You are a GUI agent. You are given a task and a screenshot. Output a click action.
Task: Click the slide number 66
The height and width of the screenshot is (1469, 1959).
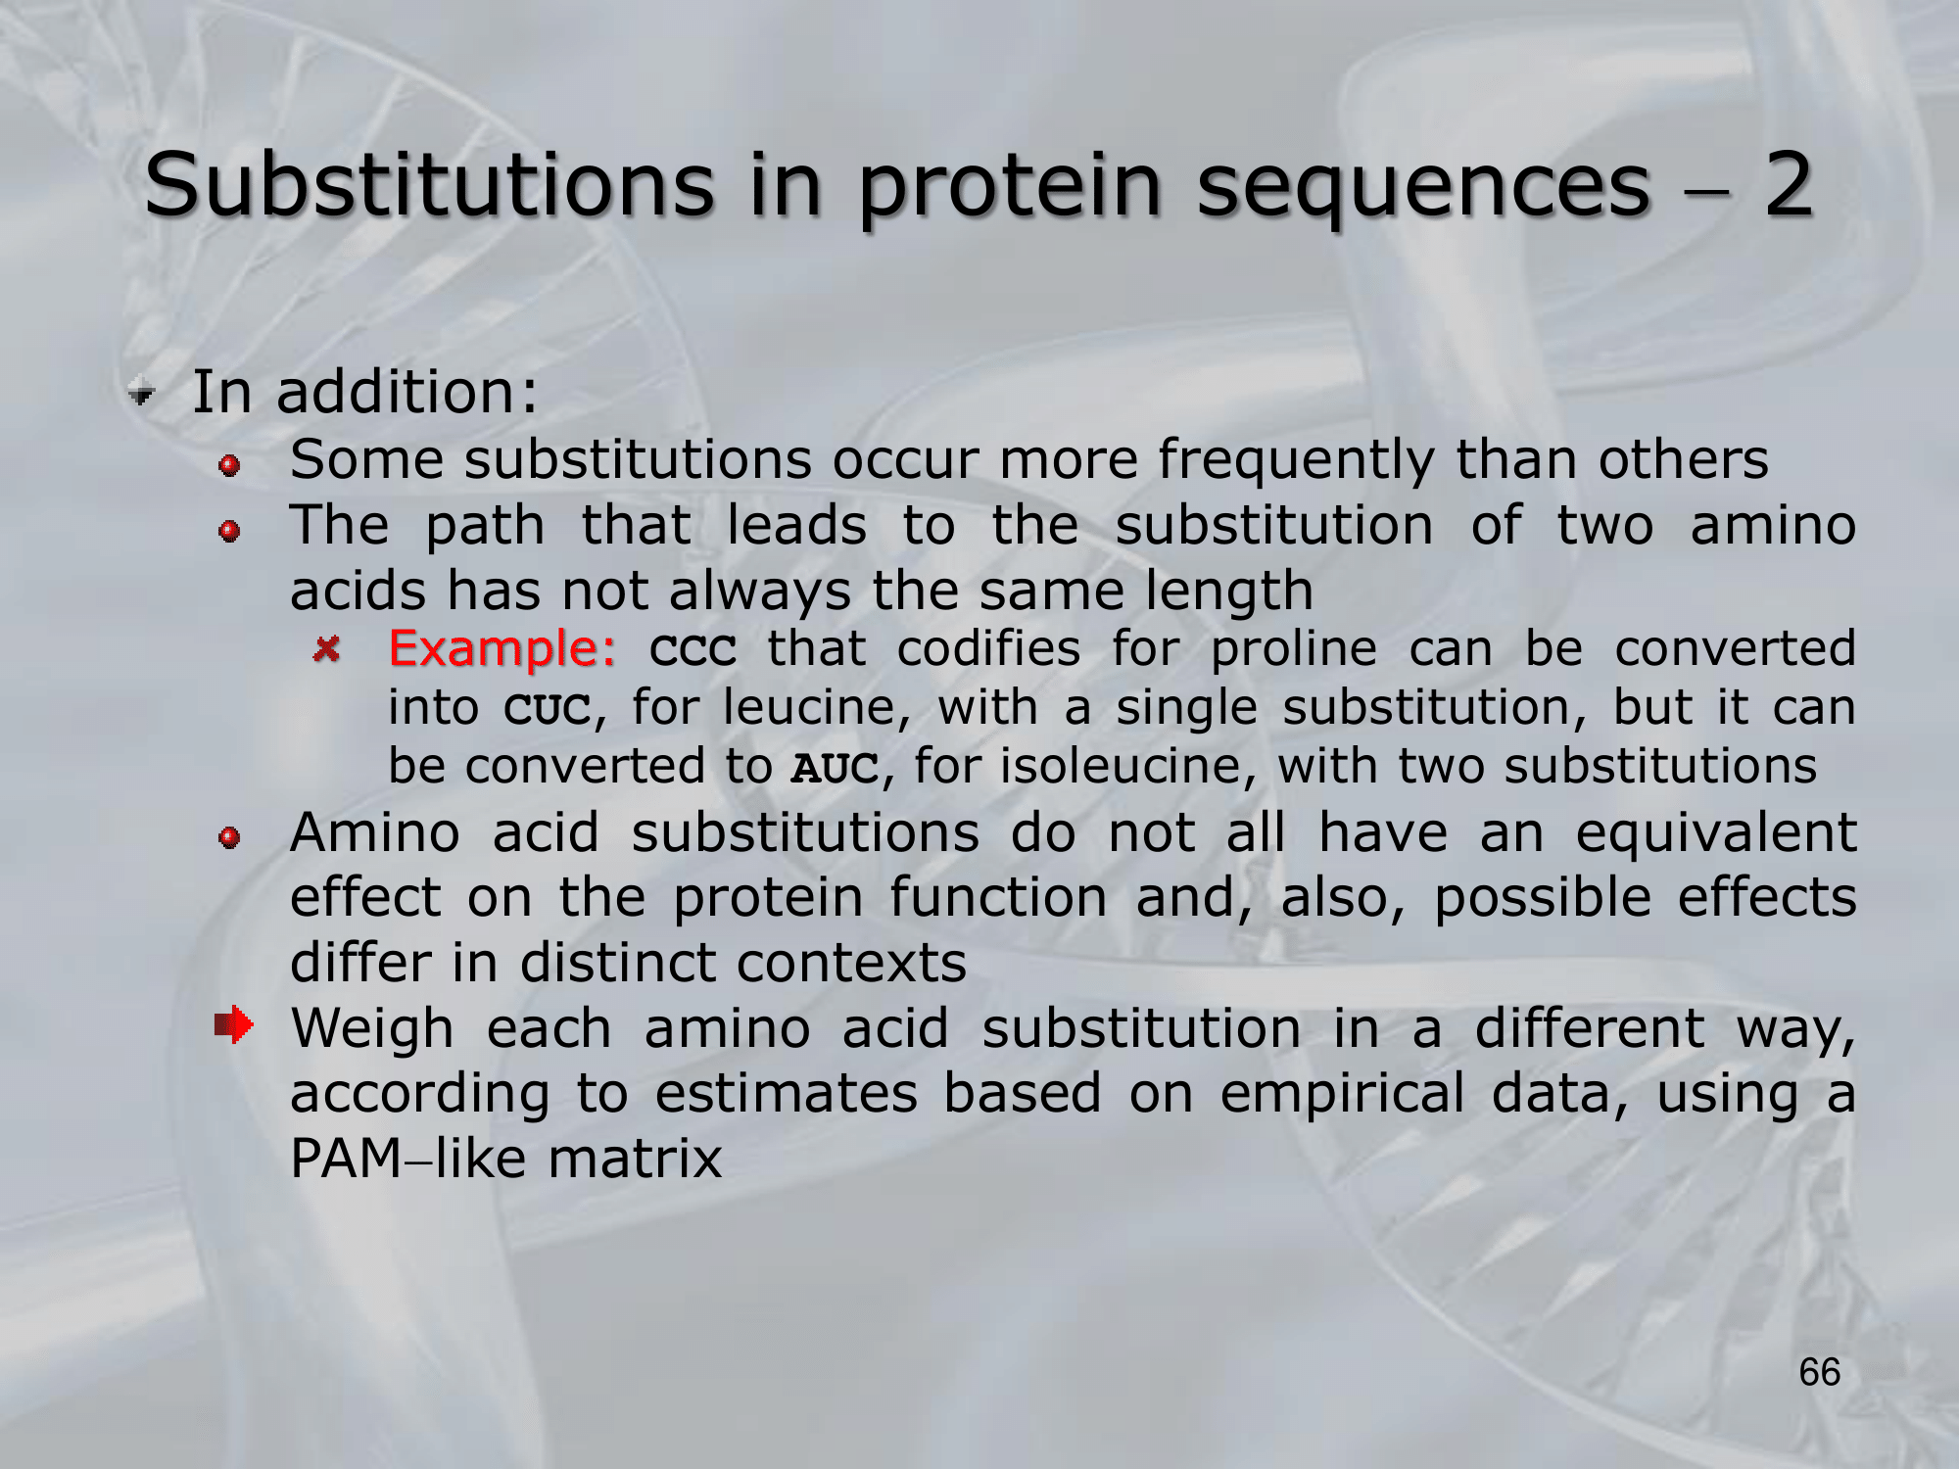(x=1820, y=1372)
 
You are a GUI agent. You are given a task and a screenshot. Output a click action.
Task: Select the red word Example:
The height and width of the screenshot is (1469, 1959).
(x=502, y=648)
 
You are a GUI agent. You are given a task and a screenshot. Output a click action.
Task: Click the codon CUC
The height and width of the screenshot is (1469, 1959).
(x=548, y=708)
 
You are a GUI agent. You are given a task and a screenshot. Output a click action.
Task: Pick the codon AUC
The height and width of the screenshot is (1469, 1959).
(x=836, y=767)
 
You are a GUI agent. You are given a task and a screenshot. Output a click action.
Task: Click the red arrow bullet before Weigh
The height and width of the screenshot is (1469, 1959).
(x=234, y=1024)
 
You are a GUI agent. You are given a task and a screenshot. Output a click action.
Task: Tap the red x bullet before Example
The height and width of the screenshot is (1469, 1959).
(x=326, y=647)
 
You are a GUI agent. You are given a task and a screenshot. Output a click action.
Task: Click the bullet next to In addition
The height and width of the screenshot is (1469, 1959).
(x=142, y=394)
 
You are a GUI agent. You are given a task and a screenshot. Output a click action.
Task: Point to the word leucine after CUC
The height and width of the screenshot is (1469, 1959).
(x=807, y=707)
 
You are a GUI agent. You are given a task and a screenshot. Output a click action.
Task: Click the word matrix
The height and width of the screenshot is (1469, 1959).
(x=635, y=1159)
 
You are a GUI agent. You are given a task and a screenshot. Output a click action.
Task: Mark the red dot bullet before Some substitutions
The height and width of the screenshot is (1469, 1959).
(x=230, y=465)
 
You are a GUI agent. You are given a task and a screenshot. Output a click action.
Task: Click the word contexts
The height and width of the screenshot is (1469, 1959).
(x=852, y=964)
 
